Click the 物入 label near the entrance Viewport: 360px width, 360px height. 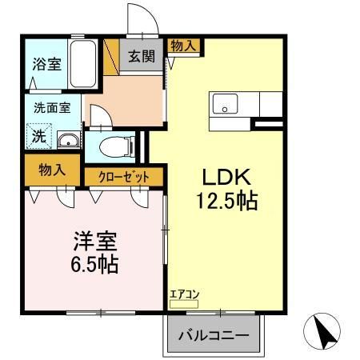coord(182,46)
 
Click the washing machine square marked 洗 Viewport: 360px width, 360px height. coord(38,136)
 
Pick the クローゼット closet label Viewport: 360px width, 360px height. coord(124,177)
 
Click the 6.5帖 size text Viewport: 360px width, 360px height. coord(86,263)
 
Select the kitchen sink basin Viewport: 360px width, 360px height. coord(223,104)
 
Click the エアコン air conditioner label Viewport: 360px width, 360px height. coord(183,293)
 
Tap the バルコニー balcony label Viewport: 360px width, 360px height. coord(213,333)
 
